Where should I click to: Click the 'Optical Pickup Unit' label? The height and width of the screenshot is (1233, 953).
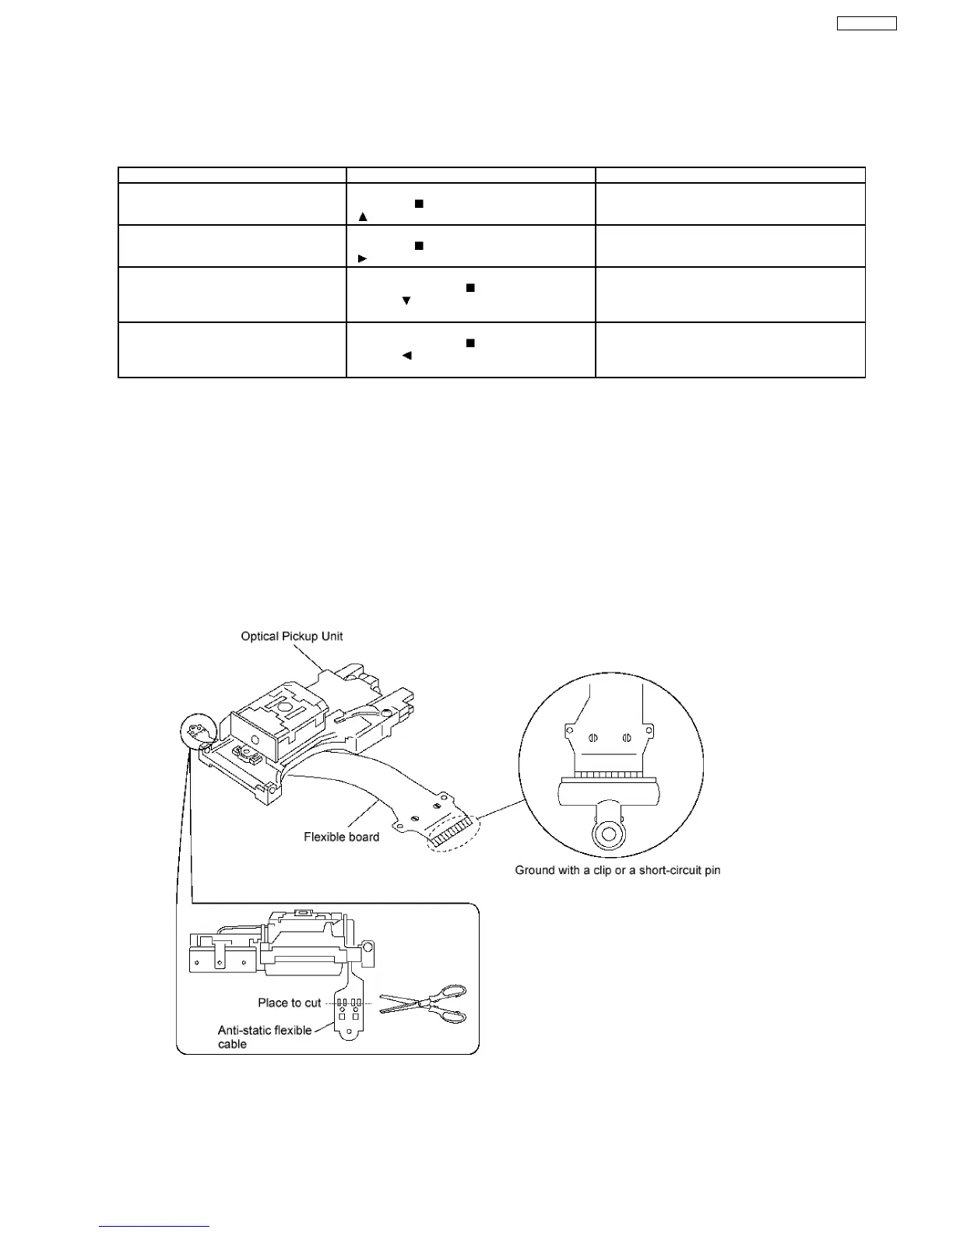(x=291, y=636)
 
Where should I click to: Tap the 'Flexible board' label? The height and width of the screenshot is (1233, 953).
(x=341, y=837)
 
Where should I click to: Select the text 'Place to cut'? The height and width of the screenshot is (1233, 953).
(x=289, y=1003)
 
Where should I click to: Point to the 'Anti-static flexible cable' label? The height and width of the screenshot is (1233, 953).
(x=264, y=1037)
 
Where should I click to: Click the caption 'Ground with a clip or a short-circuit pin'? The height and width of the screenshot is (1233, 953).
(x=617, y=869)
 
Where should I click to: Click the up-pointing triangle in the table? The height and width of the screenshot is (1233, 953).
(x=362, y=216)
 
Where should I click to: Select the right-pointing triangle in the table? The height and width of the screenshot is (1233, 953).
(x=362, y=258)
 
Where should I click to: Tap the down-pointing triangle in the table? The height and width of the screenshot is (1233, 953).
(x=406, y=300)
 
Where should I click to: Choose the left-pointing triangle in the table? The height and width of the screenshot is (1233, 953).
(x=406, y=356)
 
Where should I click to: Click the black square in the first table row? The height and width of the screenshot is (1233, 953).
(x=418, y=203)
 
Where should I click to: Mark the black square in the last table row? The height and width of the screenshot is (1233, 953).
(x=469, y=342)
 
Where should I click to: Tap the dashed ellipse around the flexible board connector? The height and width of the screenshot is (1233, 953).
(x=453, y=836)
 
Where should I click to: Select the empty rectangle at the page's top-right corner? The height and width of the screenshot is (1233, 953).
(x=867, y=23)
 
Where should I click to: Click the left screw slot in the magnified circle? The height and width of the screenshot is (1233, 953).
(x=593, y=736)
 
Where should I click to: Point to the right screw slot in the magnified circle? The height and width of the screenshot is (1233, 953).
(x=627, y=736)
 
